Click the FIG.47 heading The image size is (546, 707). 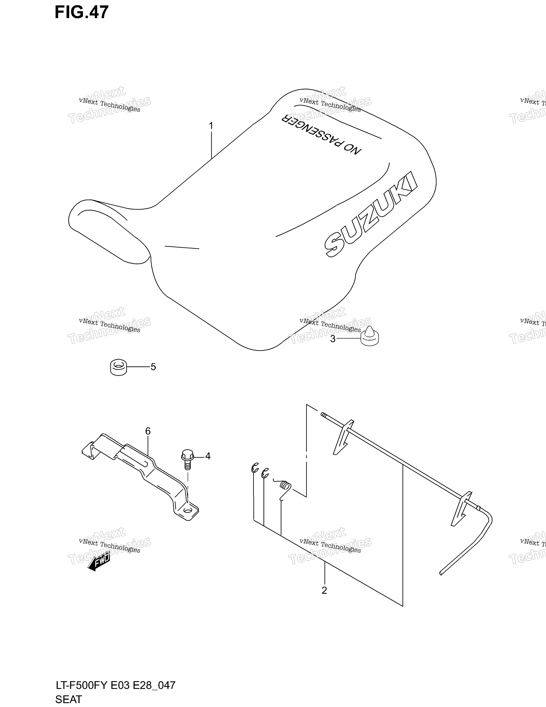(82, 12)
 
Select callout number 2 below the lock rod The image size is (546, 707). (324, 590)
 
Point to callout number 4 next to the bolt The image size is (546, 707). (208, 456)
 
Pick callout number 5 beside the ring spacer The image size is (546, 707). (153, 367)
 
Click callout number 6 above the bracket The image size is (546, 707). (148, 431)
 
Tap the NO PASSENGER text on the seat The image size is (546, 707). (321, 134)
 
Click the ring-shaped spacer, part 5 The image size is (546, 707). (118, 367)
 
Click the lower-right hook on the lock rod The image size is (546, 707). (462, 508)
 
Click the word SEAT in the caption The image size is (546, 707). (69, 700)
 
